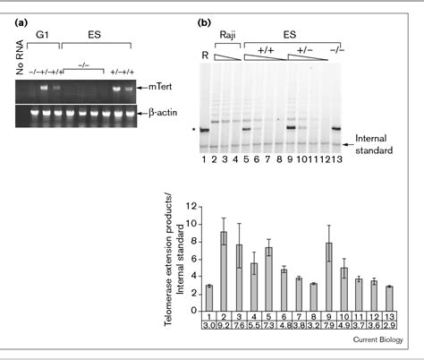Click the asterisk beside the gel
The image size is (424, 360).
[x=196, y=130]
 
